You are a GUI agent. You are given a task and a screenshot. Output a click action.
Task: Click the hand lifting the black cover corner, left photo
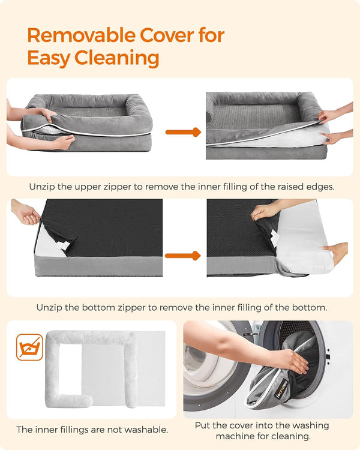[24, 213]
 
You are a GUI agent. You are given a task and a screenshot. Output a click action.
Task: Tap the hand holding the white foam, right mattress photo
[336, 252]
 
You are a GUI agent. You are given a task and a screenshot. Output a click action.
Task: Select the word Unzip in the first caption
[43, 187]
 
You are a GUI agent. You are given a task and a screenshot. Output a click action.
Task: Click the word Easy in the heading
[49, 58]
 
